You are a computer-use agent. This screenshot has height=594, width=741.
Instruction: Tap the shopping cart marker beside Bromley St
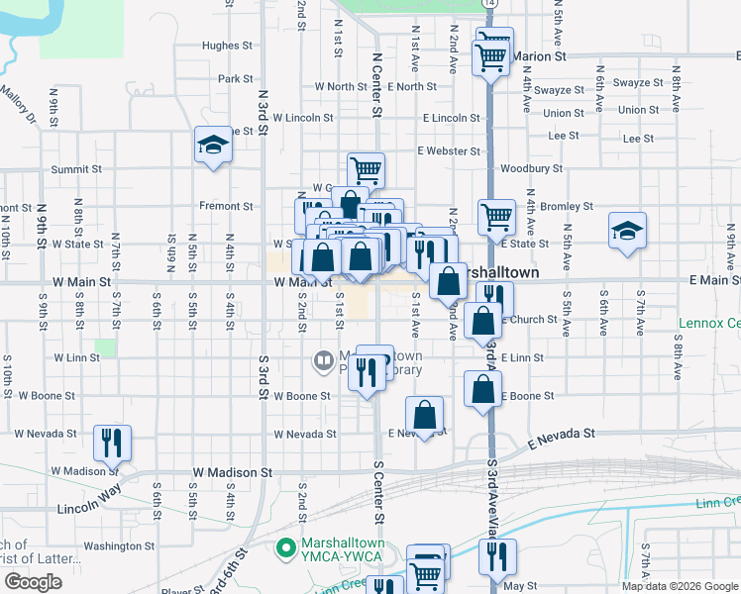496,216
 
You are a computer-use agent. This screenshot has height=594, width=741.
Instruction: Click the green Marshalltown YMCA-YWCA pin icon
286,546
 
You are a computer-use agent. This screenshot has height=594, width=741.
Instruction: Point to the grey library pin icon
323,361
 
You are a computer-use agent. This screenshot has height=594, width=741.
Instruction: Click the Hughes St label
221,46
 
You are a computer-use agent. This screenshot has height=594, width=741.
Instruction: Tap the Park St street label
236,79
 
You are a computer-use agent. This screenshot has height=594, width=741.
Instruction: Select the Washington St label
112,545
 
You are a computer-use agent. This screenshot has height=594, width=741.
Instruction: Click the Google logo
32,582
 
